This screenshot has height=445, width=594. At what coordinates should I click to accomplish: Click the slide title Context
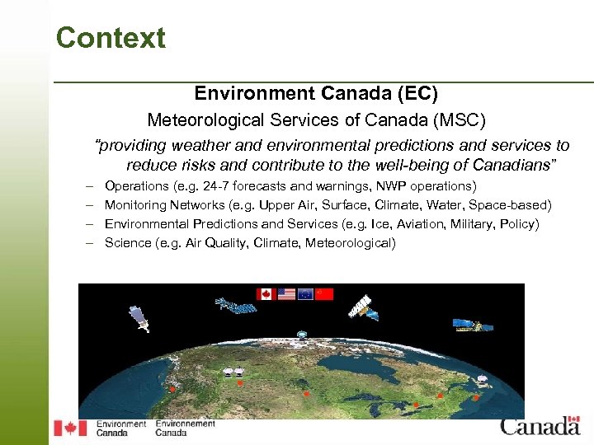[111, 38]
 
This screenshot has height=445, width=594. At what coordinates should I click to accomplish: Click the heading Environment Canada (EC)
[316, 94]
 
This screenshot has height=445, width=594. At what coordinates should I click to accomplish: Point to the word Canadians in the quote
[512, 165]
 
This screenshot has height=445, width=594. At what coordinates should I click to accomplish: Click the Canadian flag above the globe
[265, 293]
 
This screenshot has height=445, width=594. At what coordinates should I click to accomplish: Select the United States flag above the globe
[285, 293]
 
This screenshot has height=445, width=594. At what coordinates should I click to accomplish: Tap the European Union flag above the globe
[305, 293]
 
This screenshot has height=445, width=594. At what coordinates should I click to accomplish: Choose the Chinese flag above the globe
[325, 293]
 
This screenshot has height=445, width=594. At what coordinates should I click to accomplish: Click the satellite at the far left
[139, 319]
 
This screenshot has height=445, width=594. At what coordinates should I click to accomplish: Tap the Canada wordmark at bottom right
[540, 426]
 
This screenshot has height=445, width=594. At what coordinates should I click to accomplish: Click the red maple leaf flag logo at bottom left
[70, 428]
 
